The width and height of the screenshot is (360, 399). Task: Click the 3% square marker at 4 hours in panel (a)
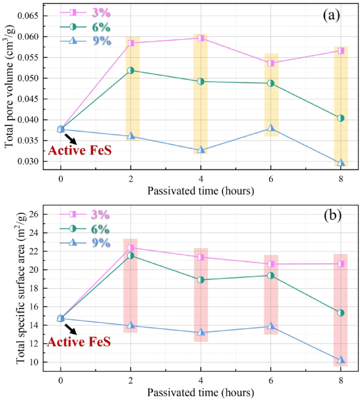coord(201,38)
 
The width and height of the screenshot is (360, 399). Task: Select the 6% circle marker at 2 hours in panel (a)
coord(131,70)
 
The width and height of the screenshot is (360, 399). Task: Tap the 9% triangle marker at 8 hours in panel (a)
coord(341,163)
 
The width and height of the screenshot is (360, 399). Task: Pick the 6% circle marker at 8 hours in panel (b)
coord(341,312)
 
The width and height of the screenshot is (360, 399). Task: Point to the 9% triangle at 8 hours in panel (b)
coord(341,360)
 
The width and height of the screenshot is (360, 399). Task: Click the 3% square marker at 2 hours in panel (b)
coord(131,248)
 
